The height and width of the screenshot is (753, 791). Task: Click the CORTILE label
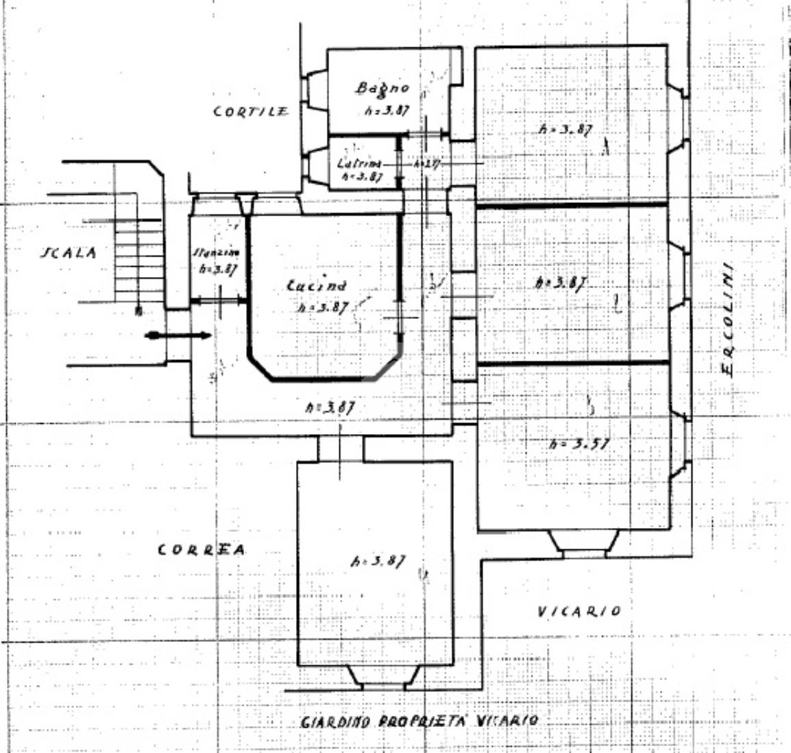click(x=251, y=112)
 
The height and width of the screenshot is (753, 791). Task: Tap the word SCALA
click(x=69, y=252)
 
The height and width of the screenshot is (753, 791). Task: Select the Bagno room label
click(x=382, y=88)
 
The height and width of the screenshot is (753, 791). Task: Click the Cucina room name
click(x=316, y=286)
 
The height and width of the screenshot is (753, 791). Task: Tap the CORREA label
click(x=201, y=549)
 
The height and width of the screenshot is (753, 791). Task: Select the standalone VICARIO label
click(x=579, y=611)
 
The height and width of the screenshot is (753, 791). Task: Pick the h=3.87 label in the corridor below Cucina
click(x=330, y=407)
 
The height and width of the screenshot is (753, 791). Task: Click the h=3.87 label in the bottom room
click(x=377, y=560)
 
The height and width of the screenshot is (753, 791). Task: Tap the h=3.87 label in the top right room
click(x=565, y=129)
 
